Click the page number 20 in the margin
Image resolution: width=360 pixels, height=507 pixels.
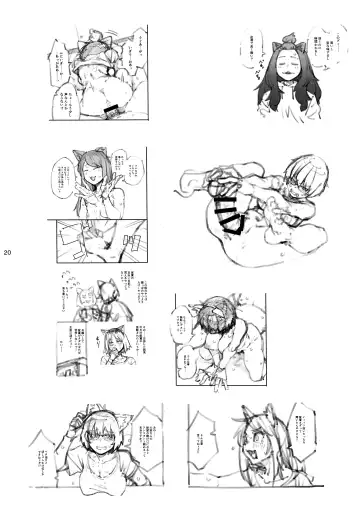click(8, 251)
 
